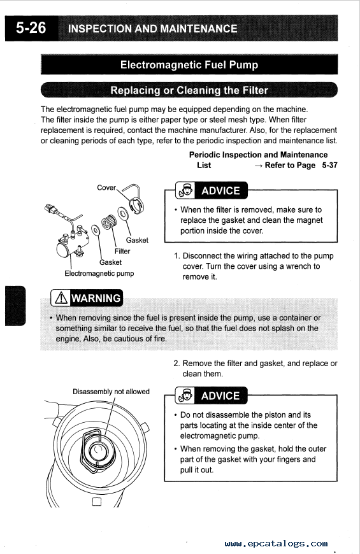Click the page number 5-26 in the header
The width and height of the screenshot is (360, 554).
pos(31,28)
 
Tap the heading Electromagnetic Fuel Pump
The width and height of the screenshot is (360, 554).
pos(189,65)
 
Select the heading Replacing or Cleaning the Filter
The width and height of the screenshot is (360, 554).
pos(189,90)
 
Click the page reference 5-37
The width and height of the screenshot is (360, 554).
pos(329,166)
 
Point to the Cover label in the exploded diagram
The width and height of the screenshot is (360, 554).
pos(106,188)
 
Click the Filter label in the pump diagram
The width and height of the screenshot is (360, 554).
pos(122,251)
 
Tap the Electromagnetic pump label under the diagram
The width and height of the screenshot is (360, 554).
pos(99,273)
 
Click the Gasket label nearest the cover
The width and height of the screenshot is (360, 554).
pos(137,240)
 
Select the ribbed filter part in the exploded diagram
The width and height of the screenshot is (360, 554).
pos(108,222)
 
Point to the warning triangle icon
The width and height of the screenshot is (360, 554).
pos(61,298)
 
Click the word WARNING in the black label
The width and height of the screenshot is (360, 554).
pos(96,298)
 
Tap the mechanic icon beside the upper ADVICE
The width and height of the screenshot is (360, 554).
pos(186,191)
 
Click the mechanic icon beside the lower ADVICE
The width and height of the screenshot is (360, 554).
pos(186,395)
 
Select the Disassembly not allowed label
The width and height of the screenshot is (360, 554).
pos(111,392)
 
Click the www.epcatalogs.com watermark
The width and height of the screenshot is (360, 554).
pos(276,543)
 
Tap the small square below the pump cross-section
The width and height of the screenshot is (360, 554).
pos(97,502)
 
